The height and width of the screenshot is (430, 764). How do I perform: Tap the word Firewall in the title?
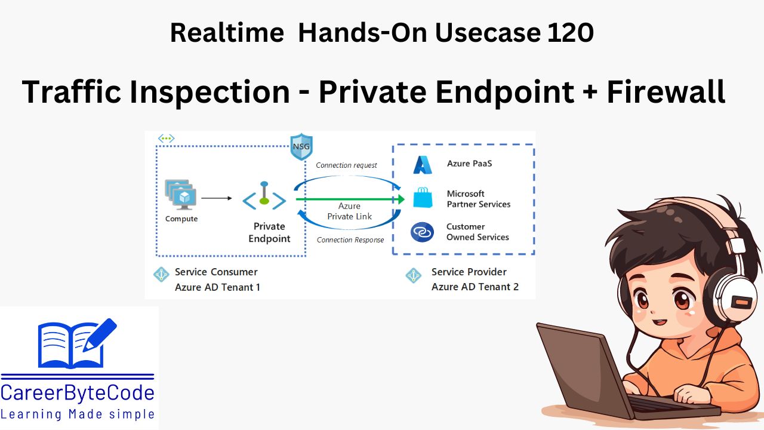point(666,92)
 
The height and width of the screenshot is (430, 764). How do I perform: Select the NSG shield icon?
point(301,147)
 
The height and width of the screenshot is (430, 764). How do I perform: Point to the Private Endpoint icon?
point(264,198)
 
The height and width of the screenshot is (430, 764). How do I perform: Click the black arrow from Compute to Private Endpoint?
point(216,198)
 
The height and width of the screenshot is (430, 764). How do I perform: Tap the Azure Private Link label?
point(349,211)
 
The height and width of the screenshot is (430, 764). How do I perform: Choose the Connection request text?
point(346,165)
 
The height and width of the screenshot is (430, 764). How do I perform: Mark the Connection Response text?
point(350,240)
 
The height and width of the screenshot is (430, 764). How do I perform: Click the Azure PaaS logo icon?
point(423,164)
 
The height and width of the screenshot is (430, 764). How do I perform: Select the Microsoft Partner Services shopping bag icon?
point(422,198)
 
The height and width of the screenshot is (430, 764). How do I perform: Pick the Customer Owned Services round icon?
point(422,232)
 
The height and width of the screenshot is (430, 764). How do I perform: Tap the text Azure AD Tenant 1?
point(217,287)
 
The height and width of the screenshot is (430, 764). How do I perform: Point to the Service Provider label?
point(469,272)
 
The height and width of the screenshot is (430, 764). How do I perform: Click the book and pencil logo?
point(76,343)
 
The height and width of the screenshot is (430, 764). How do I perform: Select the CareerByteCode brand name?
point(78,394)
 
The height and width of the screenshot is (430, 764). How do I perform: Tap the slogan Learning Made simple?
point(78,414)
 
